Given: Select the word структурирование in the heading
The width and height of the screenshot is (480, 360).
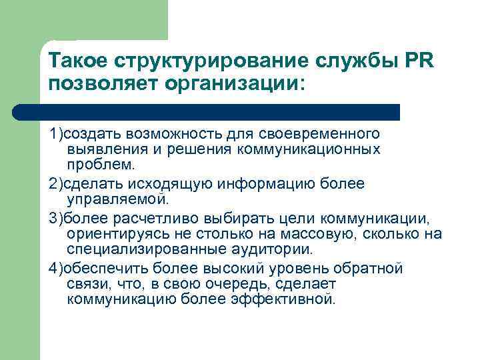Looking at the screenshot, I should (x=181, y=62).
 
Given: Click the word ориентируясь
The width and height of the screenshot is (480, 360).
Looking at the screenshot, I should (x=109, y=233).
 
